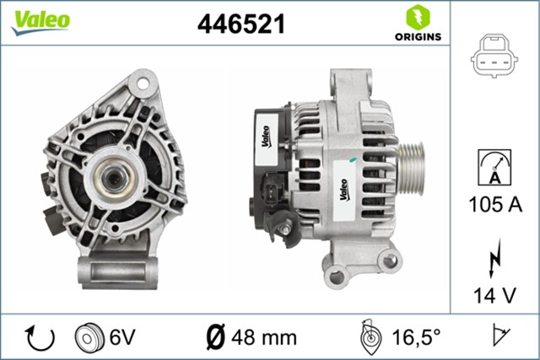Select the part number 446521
242,24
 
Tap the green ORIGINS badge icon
416,18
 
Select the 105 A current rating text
494,204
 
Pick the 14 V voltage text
495,295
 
